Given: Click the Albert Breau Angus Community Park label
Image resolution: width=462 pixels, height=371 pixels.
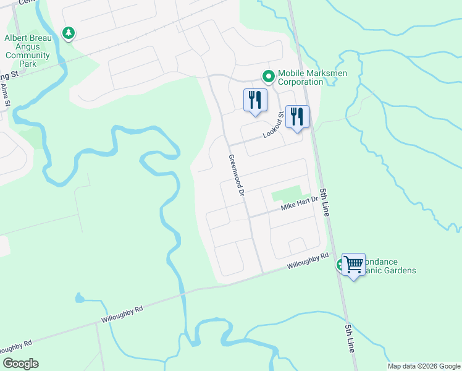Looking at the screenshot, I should pyautogui.click(x=27, y=51).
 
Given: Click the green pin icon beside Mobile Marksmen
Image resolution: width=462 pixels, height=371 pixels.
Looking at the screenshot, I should pyautogui.click(x=269, y=77).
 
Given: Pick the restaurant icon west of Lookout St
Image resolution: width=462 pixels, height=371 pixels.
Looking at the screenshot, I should pyautogui.click(x=255, y=100).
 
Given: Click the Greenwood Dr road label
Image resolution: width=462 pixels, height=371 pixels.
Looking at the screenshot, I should pyautogui.click(x=237, y=176).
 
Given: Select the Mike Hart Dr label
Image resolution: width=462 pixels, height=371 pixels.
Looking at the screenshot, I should pyautogui.click(x=299, y=203).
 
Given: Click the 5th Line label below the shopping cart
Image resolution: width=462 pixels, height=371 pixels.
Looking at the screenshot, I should pyautogui.click(x=350, y=338).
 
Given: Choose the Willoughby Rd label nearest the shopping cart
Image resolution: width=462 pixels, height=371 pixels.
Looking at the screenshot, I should pyautogui.click(x=307, y=262).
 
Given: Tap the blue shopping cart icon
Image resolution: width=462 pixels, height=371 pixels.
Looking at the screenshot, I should pyautogui.click(x=354, y=265).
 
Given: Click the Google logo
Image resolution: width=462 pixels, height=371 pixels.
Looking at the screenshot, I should pyautogui.click(x=20, y=364).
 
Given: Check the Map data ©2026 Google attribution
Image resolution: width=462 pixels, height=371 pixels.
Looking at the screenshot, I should pyautogui.click(x=424, y=366).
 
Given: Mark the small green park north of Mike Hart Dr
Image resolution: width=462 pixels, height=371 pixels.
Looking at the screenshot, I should pyautogui.click(x=285, y=194).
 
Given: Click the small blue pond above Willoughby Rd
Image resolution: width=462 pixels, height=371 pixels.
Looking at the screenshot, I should pyautogui.click(x=79, y=298).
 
